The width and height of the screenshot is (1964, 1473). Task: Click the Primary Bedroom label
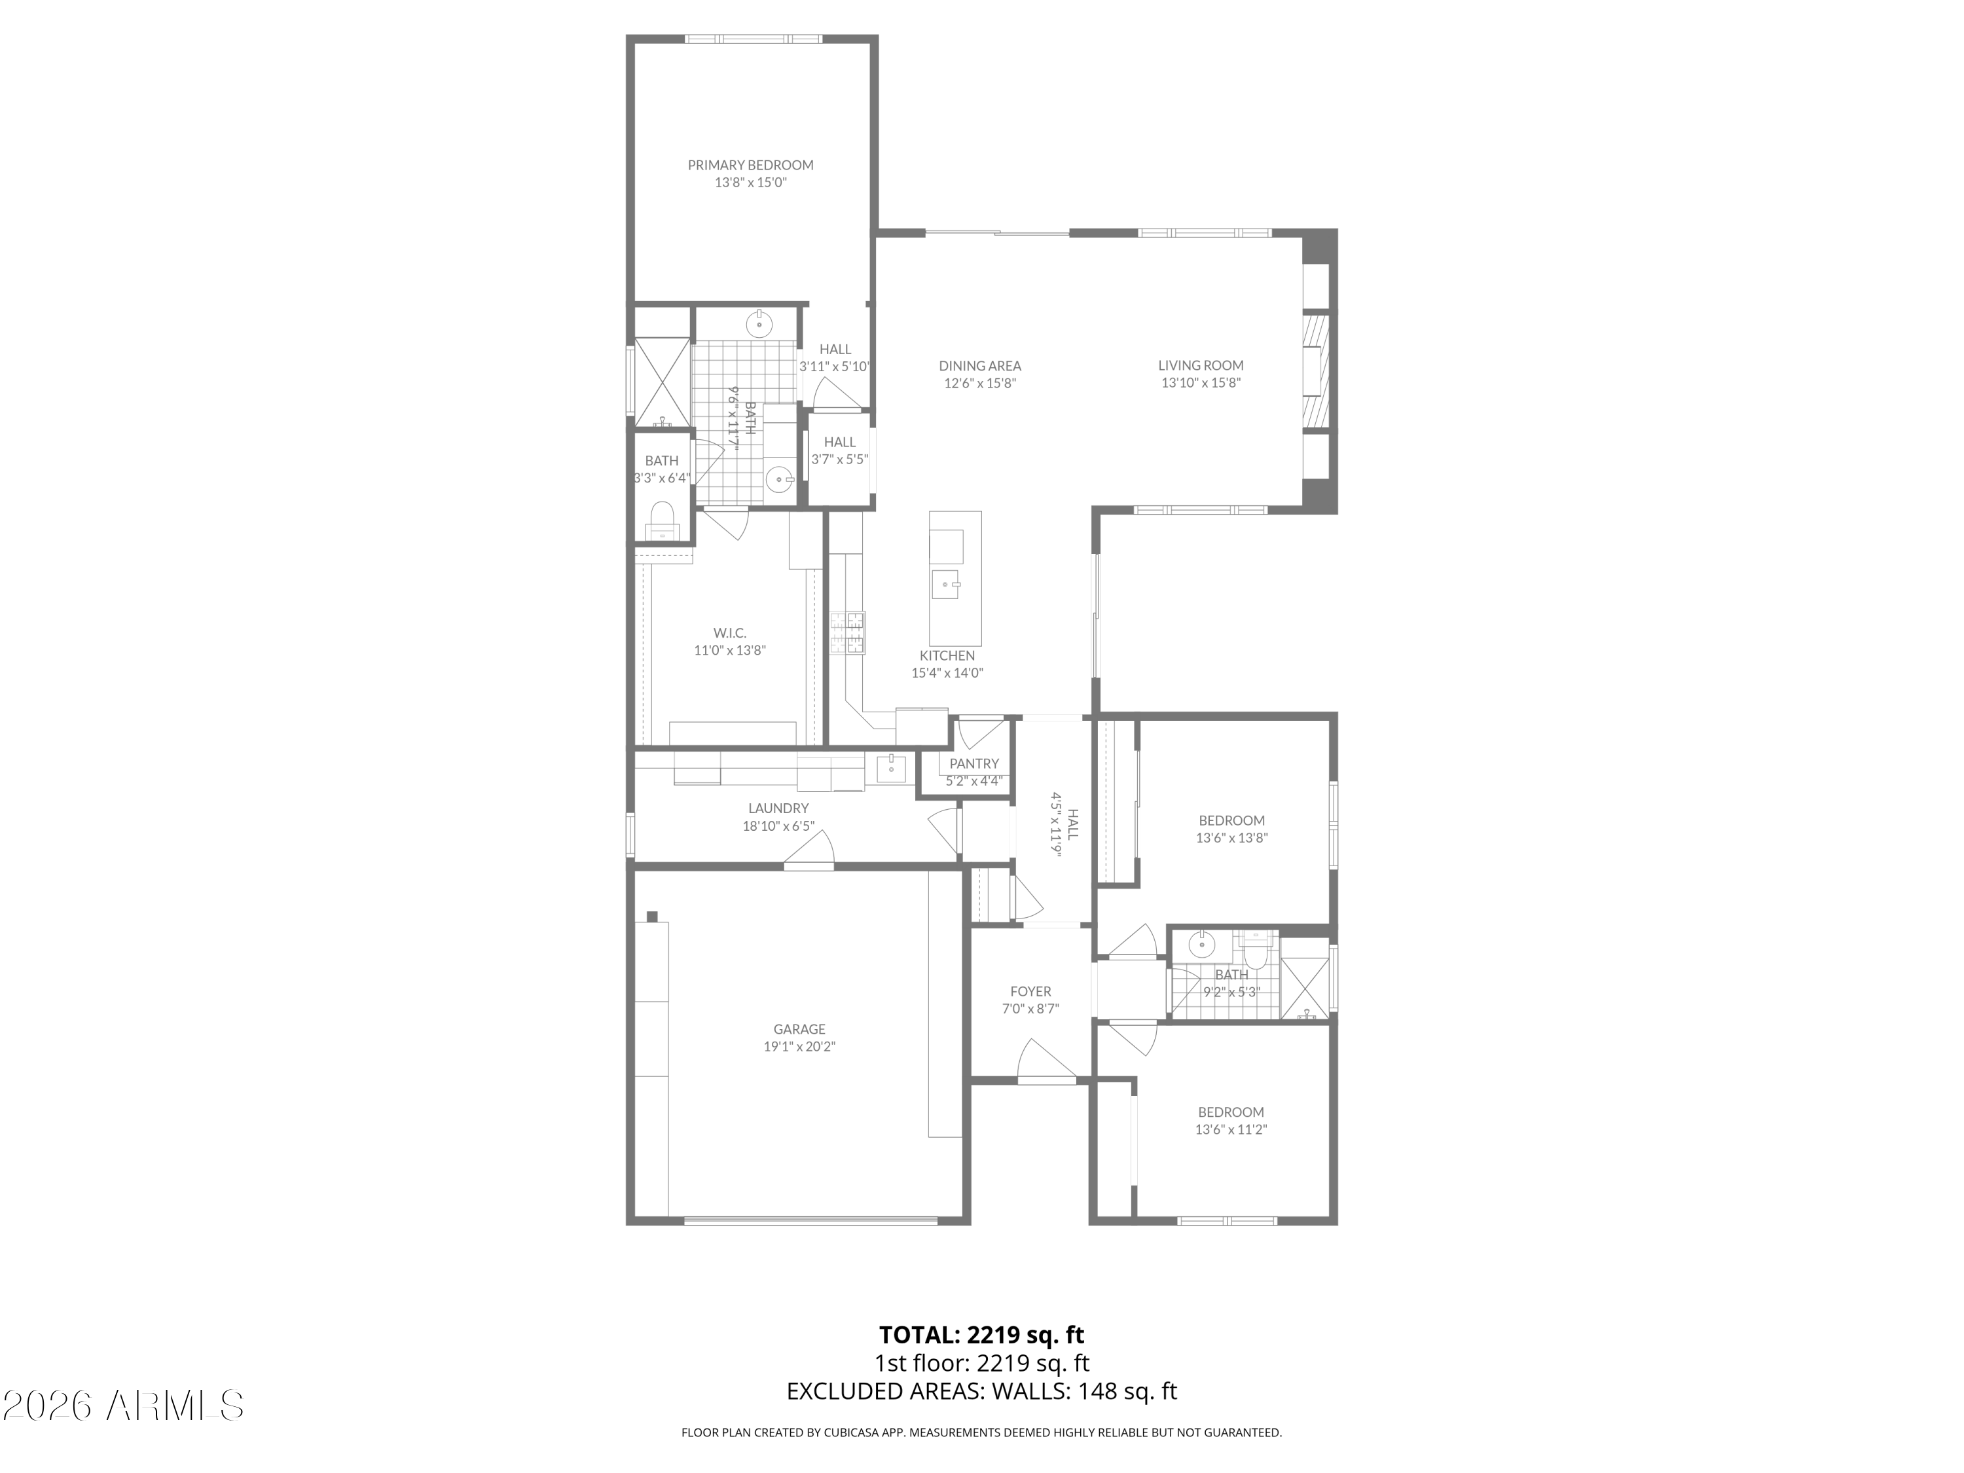coord(750,165)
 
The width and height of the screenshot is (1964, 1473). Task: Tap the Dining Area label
coord(980,366)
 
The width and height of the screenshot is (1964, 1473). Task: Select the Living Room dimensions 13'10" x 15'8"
coord(1201,384)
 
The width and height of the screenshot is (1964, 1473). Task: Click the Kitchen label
coord(947,656)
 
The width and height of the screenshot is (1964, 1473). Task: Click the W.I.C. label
coord(730,633)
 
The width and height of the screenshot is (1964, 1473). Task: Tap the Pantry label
coord(974,763)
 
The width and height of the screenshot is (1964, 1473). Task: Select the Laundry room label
coord(778,808)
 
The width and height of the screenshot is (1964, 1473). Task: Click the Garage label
coord(799,1029)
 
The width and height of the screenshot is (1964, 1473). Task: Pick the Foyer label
coord(1030,992)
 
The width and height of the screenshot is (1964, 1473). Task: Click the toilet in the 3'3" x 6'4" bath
coord(661,520)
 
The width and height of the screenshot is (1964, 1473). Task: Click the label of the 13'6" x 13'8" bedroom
coord(1231,820)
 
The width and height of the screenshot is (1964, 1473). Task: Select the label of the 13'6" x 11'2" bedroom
coord(1231,1112)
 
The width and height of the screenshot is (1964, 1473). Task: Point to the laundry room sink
coord(890,766)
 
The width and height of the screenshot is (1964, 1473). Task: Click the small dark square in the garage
coord(651,917)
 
